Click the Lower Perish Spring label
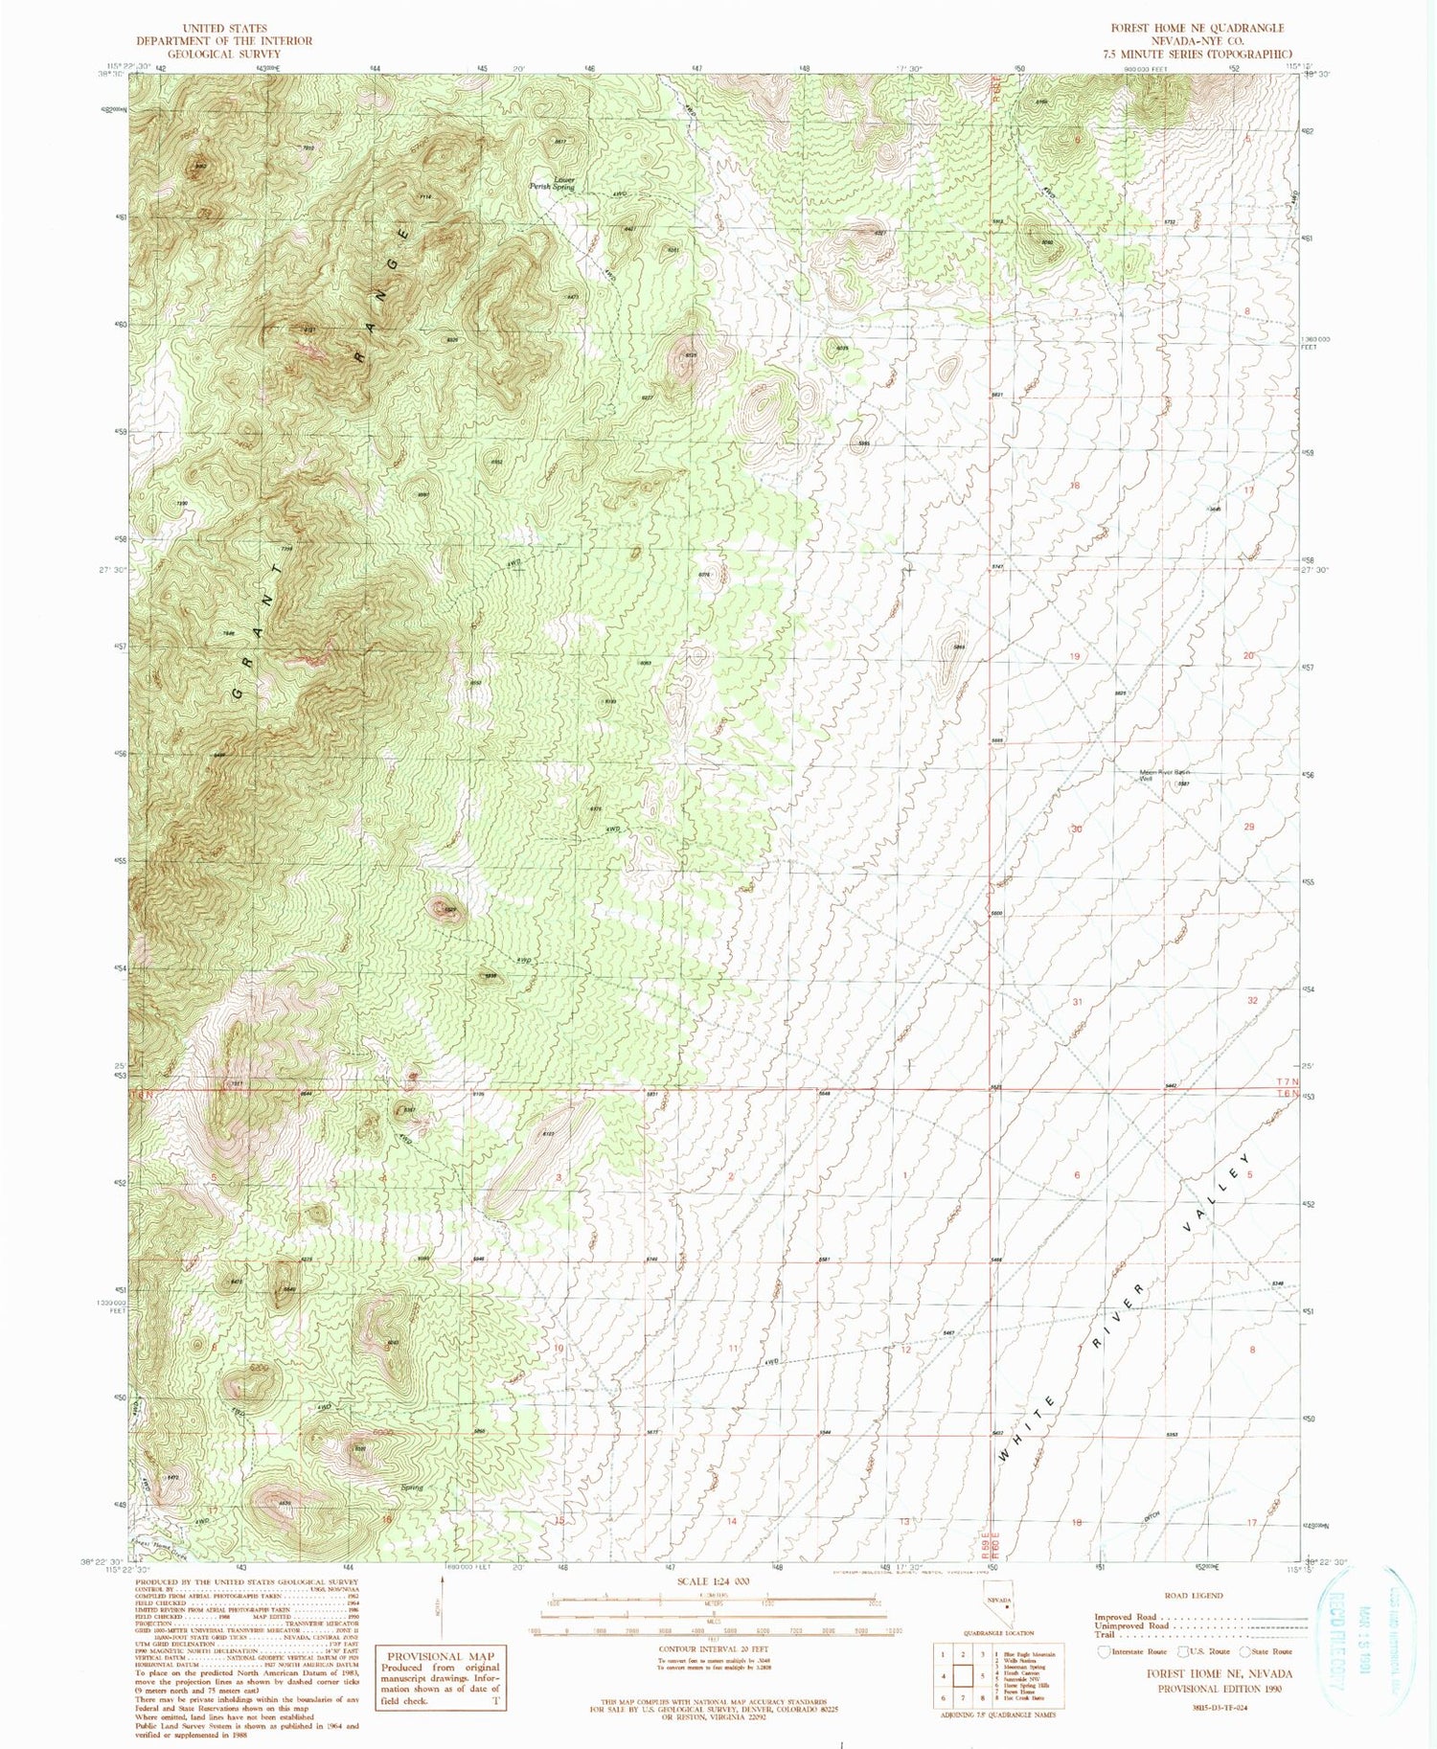[x=552, y=183]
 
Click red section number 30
[x=1077, y=829]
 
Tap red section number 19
[x=1076, y=656]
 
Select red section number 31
[x=1077, y=1002]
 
